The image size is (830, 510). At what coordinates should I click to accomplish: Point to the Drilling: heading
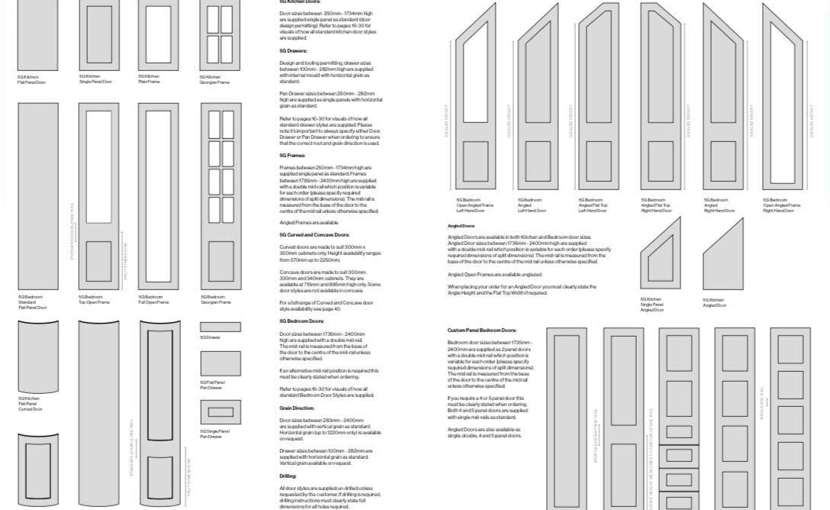288,475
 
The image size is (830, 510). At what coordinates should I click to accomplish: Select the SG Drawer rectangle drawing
220,327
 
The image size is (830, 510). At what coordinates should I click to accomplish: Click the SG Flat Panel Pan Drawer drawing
220,363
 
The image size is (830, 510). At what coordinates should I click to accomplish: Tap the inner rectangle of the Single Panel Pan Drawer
220,412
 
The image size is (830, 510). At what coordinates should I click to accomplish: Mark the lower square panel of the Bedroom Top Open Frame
98,262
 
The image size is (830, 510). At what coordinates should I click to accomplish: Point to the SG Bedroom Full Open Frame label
153,299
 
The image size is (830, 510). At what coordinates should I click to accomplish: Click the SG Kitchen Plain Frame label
149,79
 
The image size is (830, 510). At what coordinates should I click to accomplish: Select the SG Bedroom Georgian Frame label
215,299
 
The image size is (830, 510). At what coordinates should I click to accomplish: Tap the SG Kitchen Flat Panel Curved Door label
31,403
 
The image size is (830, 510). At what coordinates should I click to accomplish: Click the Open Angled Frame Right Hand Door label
781,205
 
